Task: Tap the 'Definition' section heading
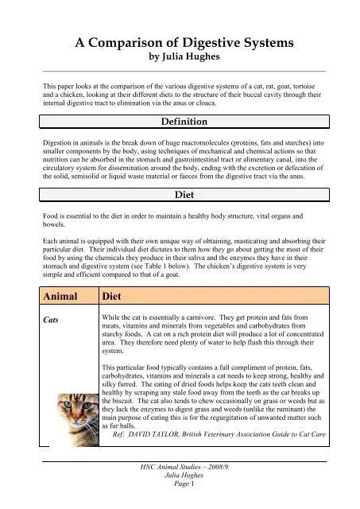click(180, 122)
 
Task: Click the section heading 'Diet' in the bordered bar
click(180, 193)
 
